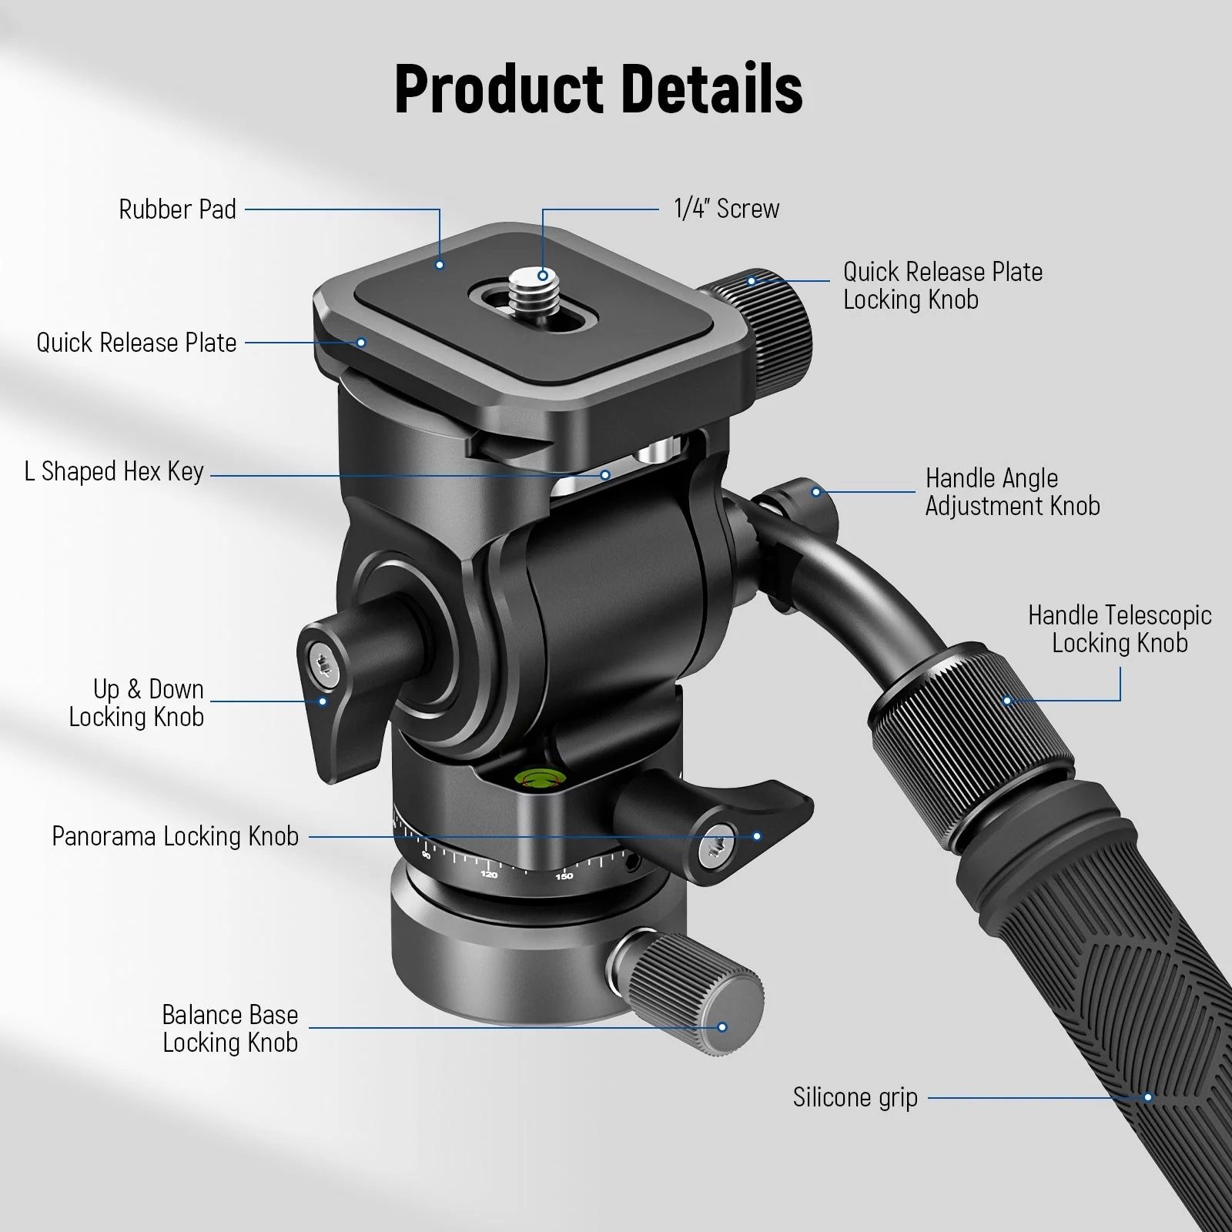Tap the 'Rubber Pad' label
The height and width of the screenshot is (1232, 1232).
(x=177, y=209)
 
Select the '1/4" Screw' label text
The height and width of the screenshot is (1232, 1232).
(x=726, y=209)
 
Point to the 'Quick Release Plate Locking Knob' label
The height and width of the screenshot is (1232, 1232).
(x=942, y=286)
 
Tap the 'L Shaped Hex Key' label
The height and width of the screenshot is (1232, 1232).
(x=114, y=471)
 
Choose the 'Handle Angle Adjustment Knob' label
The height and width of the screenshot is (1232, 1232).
(x=1012, y=492)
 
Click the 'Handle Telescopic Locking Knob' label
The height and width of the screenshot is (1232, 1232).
(x=1120, y=629)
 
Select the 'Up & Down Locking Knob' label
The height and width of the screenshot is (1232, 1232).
(x=137, y=703)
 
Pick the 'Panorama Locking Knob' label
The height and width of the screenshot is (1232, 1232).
(x=175, y=836)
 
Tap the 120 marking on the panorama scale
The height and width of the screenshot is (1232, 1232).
(x=489, y=875)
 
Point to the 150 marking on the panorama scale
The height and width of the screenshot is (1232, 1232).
(x=564, y=876)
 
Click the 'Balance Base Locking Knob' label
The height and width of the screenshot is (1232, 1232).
(x=229, y=1029)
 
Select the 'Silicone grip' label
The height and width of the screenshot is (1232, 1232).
(x=855, y=1097)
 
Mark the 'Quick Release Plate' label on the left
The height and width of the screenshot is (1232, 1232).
(x=136, y=343)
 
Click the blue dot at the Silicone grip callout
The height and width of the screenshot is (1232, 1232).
(x=1148, y=1097)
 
